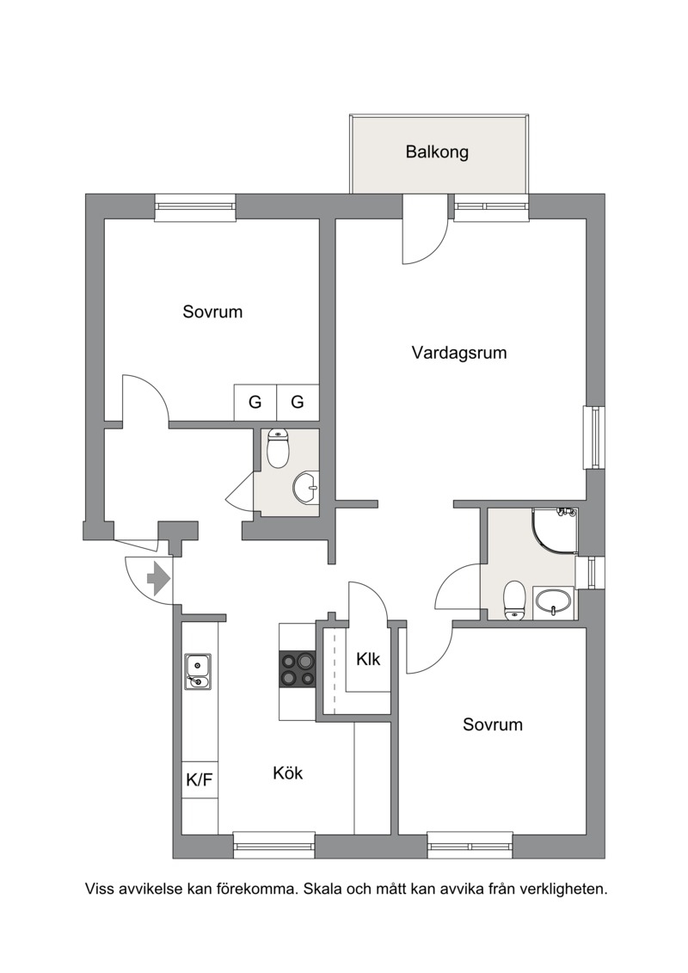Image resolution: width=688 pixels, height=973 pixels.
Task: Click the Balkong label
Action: tap(437, 152)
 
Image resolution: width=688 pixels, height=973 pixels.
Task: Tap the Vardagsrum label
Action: tap(459, 353)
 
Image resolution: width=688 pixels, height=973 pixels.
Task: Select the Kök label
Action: tap(288, 773)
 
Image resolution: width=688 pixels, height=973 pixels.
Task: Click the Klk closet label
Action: tap(368, 659)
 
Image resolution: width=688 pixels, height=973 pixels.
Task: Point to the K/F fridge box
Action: tap(200, 780)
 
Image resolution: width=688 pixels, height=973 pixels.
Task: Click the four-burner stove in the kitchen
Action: tap(298, 668)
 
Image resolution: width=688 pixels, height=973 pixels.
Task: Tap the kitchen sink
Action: tap(197, 672)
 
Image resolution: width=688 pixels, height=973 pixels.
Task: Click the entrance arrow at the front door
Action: tap(158, 579)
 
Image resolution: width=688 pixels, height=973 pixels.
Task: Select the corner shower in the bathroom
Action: tap(555, 531)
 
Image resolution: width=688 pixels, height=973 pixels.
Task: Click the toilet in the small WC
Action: tap(278, 449)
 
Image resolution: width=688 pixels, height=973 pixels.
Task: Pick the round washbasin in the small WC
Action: tap(305, 487)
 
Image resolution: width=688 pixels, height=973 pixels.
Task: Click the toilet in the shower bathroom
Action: tap(514, 600)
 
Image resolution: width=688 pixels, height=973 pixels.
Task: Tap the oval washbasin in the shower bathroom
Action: tap(553, 602)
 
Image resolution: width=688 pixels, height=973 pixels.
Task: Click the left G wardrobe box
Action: tap(255, 402)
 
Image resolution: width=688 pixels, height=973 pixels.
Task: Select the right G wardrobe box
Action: tap(298, 402)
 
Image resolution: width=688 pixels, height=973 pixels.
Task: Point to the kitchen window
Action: tap(273, 846)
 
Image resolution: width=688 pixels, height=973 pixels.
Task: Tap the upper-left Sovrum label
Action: tap(212, 311)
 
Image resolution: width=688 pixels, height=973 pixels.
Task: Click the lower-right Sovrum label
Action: tap(493, 724)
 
